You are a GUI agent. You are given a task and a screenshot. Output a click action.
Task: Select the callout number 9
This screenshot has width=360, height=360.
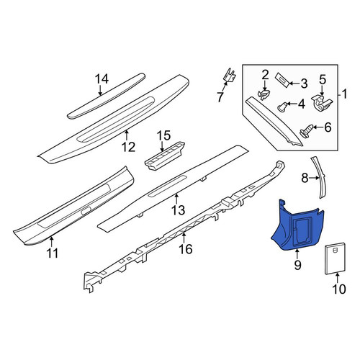(297, 265)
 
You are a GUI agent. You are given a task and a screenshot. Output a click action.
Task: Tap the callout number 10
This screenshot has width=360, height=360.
(339, 289)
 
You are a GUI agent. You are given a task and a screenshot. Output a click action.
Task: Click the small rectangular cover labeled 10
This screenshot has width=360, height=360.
(336, 258)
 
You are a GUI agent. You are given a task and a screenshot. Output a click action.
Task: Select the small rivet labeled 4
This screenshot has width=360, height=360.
(283, 107)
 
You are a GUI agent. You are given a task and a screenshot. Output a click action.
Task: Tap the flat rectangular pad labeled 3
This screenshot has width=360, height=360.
(282, 81)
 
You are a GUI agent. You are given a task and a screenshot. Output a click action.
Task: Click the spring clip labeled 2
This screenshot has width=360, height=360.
(264, 94)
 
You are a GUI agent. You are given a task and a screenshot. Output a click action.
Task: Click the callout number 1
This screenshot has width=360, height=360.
(344, 94)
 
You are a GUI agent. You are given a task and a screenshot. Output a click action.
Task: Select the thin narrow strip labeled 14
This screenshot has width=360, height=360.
(106, 96)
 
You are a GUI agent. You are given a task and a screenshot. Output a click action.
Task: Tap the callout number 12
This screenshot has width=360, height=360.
(128, 147)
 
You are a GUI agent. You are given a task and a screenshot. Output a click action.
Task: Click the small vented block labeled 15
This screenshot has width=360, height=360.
(165, 156)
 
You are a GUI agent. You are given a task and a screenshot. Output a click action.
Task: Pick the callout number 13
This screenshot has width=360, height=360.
(179, 210)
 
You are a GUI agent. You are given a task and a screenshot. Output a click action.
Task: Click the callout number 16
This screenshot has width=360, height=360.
(186, 248)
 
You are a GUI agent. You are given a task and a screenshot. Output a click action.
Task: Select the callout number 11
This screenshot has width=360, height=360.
(52, 253)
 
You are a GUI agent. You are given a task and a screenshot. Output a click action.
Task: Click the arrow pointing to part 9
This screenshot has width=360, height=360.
(297, 254)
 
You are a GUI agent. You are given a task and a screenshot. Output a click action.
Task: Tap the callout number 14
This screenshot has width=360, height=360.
(102, 78)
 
